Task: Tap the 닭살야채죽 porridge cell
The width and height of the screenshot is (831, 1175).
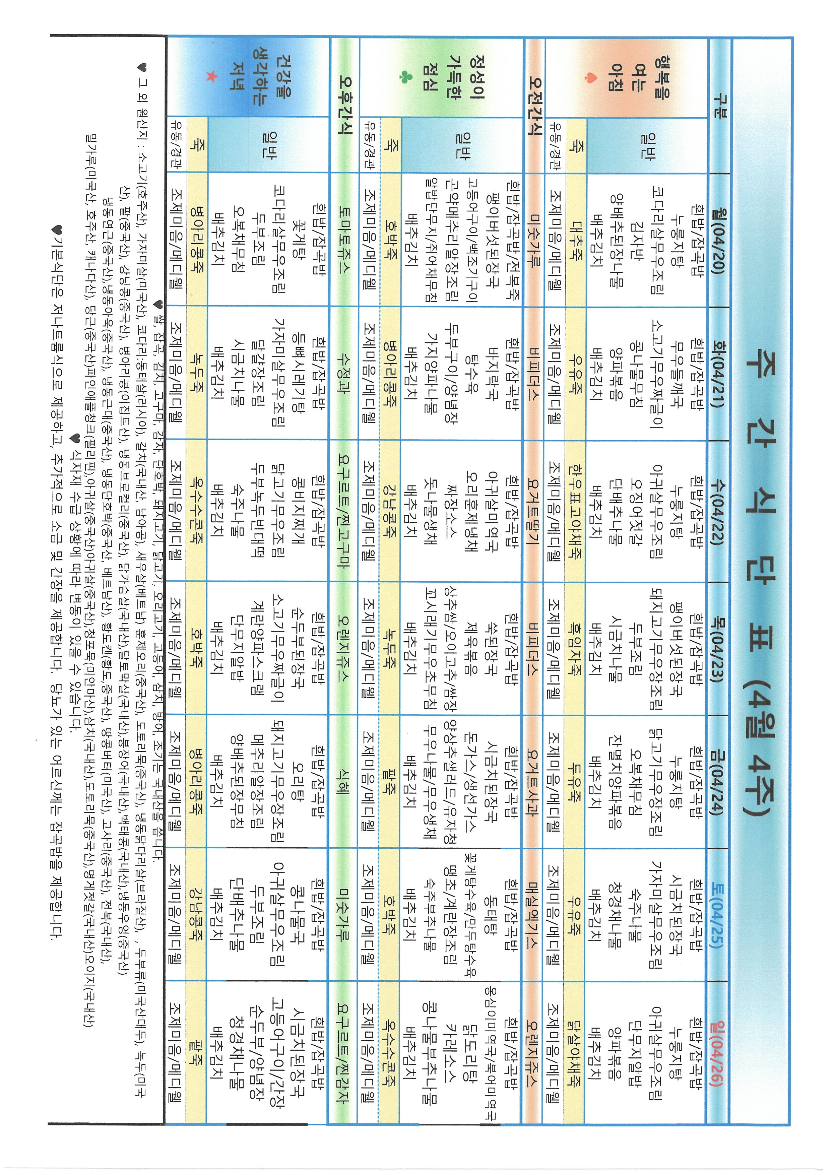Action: coord(574,1049)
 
